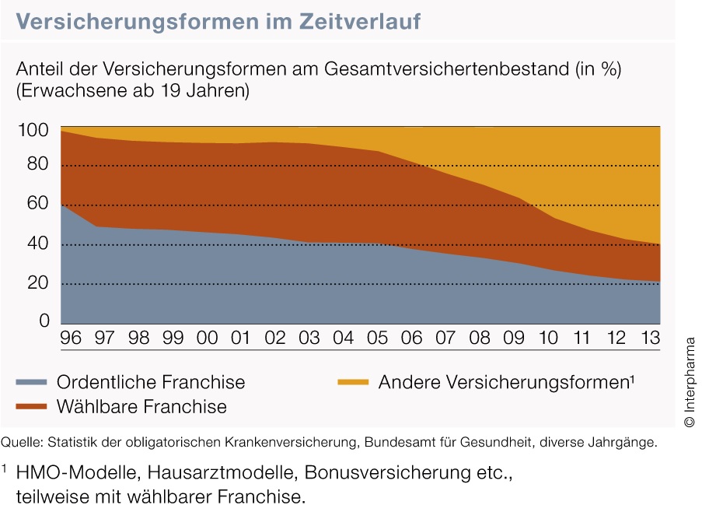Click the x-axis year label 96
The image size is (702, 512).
pyautogui.click(x=72, y=338)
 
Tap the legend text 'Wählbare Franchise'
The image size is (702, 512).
pyautogui.click(x=141, y=406)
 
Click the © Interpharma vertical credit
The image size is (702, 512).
pyautogui.click(x=690, y=382)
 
